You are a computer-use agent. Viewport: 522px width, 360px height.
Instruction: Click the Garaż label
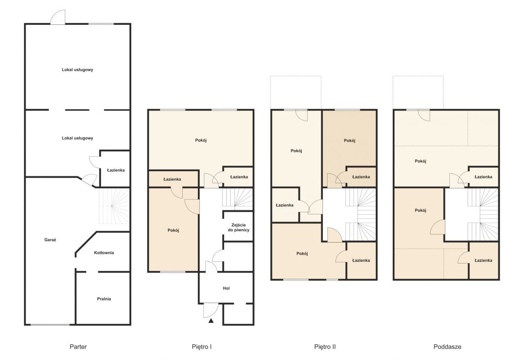coord(50,240)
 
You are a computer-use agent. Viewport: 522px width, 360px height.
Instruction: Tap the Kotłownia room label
coord(104,253)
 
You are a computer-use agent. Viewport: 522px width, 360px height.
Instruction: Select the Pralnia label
coord(104,299)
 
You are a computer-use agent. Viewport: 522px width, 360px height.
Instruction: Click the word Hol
coord(226,288)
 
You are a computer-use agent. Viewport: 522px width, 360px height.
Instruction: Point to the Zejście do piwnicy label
coord(238,227)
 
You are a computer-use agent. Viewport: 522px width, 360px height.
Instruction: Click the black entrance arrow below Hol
coord(211,320)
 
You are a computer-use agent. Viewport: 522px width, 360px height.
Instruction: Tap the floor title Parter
coord(78,347)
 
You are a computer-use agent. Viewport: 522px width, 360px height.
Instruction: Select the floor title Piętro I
coord(202,347)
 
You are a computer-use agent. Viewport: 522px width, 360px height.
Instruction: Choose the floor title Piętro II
coord(325,347)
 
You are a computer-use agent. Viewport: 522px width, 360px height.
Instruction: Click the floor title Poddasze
coord(448,347)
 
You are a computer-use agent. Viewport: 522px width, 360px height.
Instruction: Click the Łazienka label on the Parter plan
coord(116,170)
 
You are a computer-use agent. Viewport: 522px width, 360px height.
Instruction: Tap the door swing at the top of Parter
coord(58,17)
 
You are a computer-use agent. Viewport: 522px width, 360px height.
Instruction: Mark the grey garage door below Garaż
coord(50,325)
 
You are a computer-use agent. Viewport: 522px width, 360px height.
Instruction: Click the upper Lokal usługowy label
coord(77,70)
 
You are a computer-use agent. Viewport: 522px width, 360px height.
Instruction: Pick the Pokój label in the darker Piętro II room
coord(350,140)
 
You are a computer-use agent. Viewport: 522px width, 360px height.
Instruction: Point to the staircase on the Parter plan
coord(114,206)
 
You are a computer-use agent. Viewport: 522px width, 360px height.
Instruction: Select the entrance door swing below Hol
coord(211,310)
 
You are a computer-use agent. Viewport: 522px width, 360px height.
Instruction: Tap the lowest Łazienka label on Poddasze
coord(484,260)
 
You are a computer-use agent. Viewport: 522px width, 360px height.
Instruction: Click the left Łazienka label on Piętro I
coord(172,179)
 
